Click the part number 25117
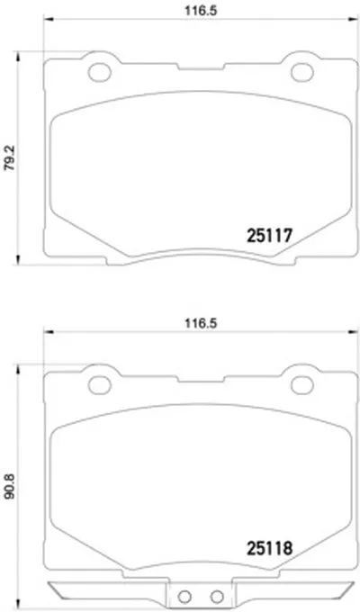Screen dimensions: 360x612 pos(269,236)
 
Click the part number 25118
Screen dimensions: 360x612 pos(269,548)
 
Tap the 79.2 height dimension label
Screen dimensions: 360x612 pos(9,158)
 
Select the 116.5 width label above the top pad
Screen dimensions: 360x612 pos(201,11)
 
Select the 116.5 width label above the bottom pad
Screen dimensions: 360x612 pos(201,323)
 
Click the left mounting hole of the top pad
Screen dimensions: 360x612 pos(100,72)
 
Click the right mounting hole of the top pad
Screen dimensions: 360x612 pos(302,72)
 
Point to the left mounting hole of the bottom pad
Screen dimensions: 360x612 pos(100,385)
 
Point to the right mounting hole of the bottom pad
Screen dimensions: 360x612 pos(302,385)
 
